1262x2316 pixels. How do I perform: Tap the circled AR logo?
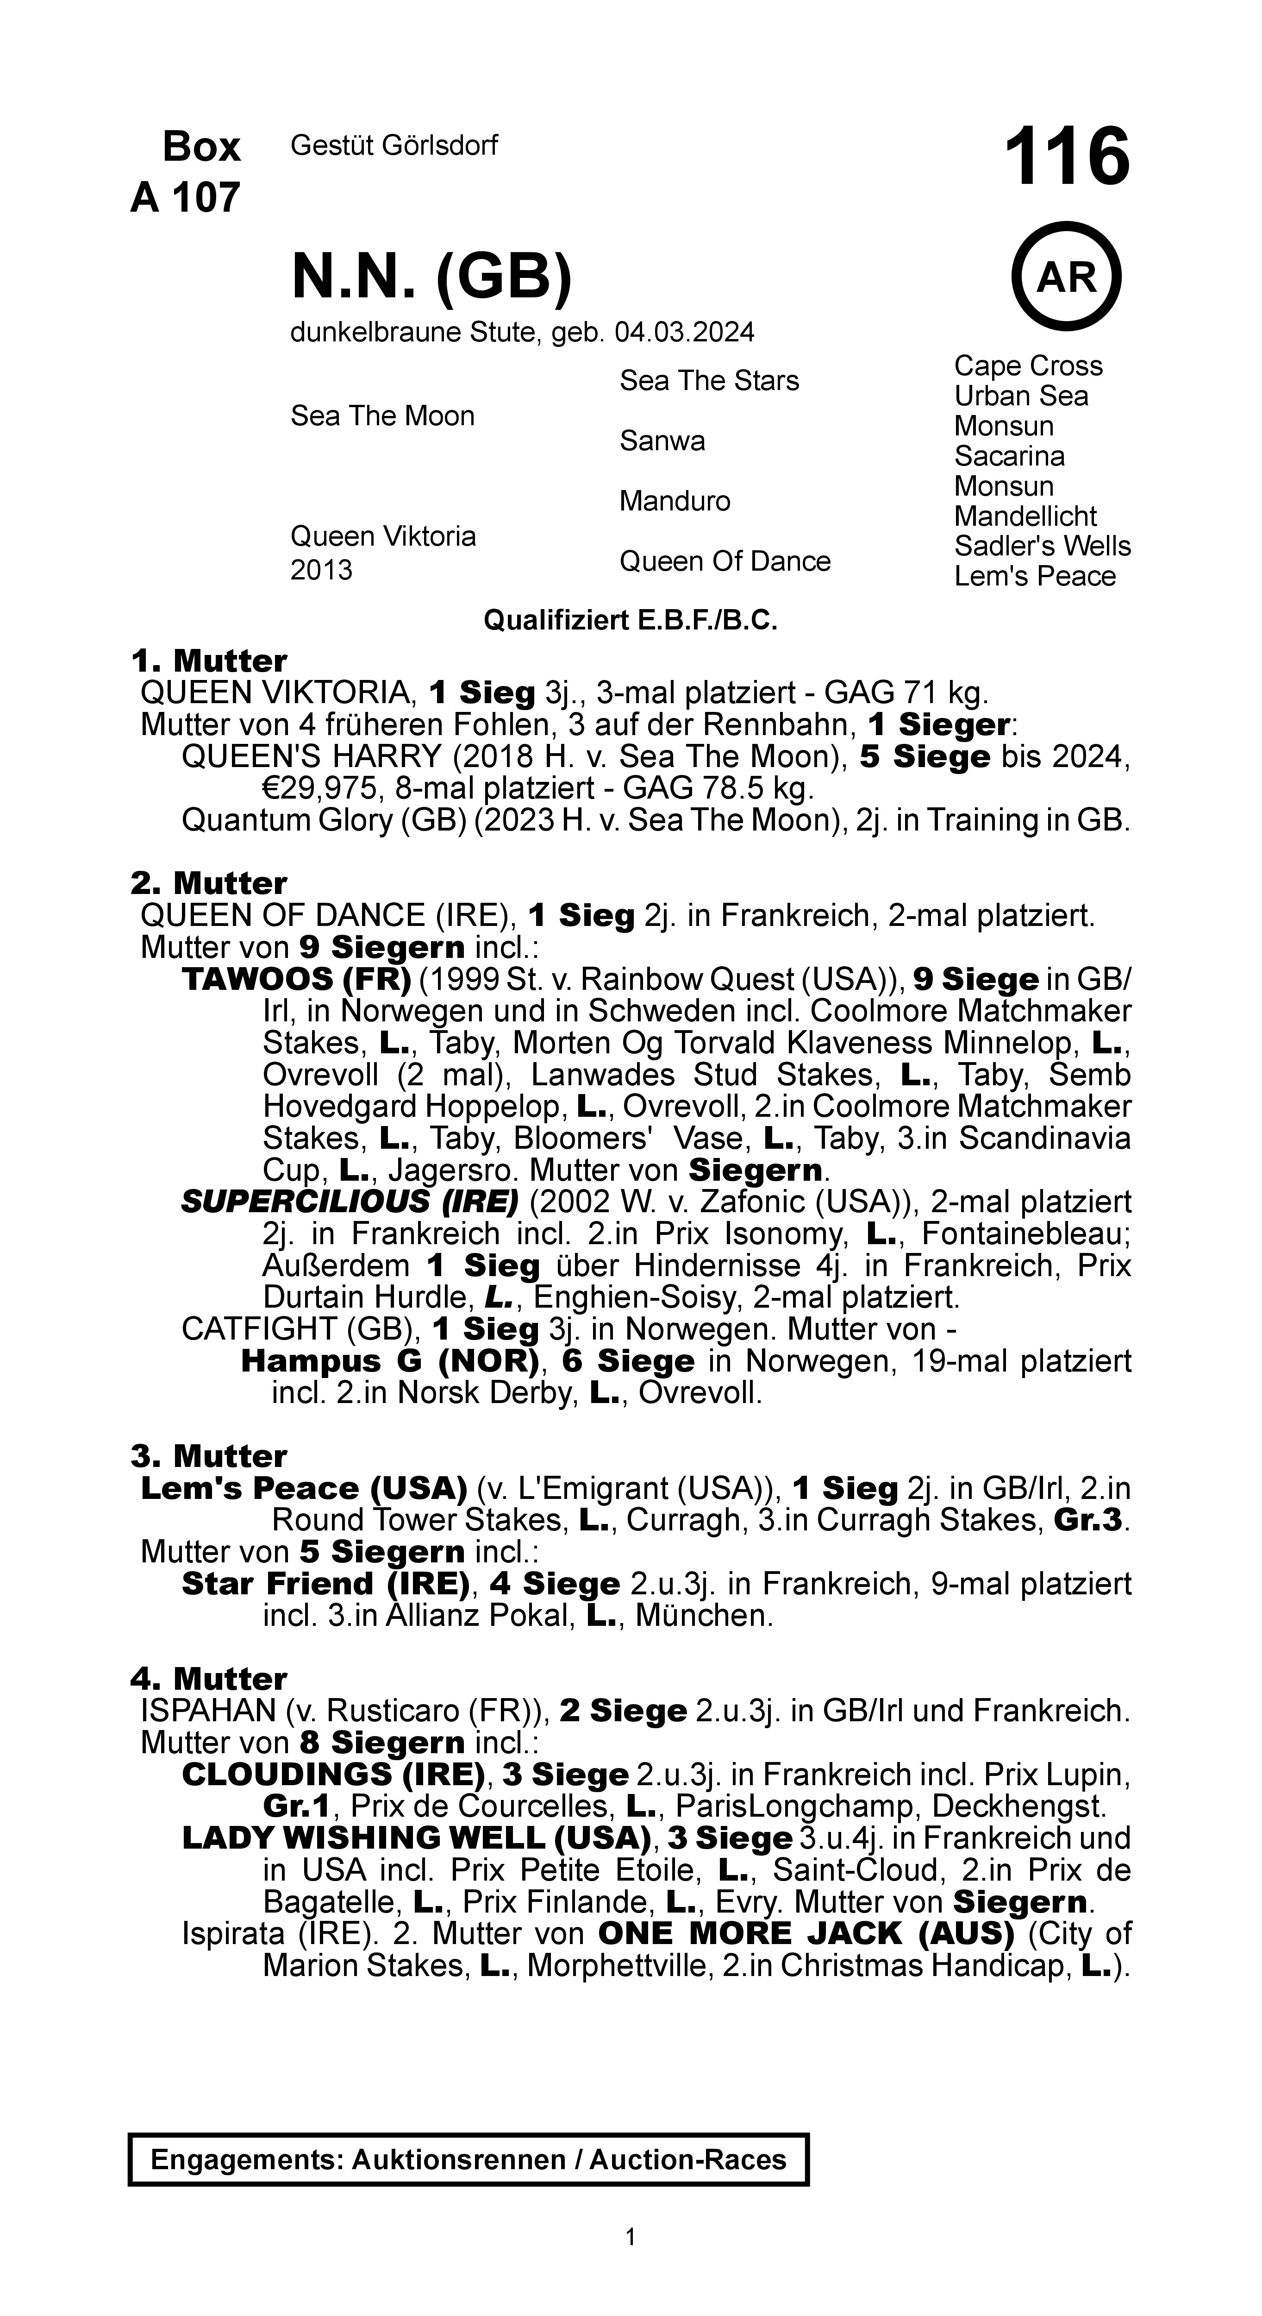pyautogui.click(x=1067, y=277)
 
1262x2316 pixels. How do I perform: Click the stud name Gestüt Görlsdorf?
pyautogui.click(x=394, y=145)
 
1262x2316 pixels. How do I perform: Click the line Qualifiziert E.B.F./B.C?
pyautogui.click(x=630, y=620)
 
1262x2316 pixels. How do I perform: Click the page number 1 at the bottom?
pyautogui.click(x=630, y=2236)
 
